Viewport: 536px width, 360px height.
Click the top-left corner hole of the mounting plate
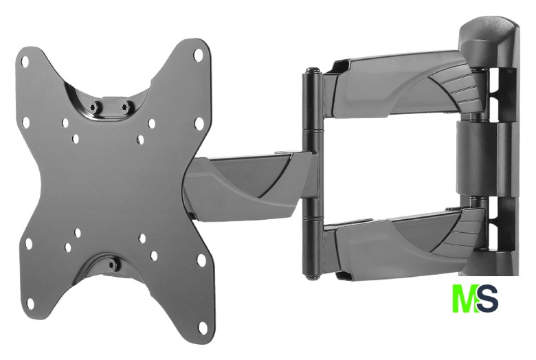[x=25, y=62]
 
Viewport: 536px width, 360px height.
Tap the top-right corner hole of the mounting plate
[x=198, y=54]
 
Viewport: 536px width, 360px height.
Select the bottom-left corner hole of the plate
[x=30, y=303]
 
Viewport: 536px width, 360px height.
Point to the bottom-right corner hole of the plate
[x=203, y=327]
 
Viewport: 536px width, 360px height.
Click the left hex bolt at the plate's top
[x=93, y=107]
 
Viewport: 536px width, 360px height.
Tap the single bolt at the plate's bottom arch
[x=111, y=265]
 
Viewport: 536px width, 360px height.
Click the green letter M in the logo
[x=465, y=298]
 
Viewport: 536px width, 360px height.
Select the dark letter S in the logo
[x=487, y=298]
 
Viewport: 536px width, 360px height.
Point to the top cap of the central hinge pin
[x=312, y=71]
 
